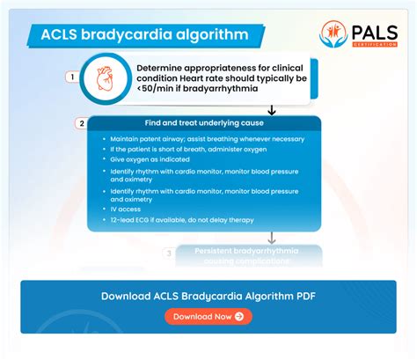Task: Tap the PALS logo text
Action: (373, 30)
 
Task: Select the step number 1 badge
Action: (71, 77)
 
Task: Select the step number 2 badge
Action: (82, 123)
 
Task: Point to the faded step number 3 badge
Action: (170, 253)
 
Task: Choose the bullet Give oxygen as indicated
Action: (145, 161)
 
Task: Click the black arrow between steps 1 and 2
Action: (272, 110)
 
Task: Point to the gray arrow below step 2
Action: (272, 238)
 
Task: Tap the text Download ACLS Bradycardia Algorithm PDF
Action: (208, 296)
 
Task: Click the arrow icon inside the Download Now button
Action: (239, 316)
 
